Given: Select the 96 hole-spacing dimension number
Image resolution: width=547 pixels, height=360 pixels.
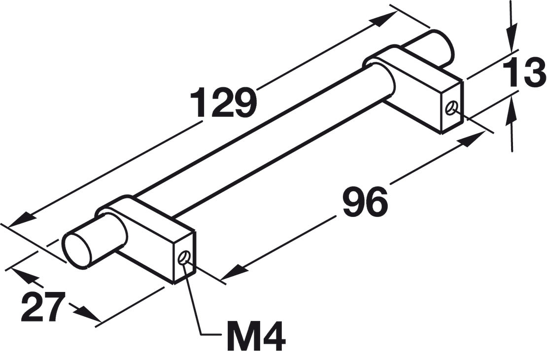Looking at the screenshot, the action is pyautogui.click(x=365, y=202).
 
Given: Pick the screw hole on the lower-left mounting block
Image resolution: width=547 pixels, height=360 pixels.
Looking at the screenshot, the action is pyautogui.click(x=184, y=259).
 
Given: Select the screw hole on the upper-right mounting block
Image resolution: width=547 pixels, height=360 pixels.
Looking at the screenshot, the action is pyautogui.click(x=451, y=108).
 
